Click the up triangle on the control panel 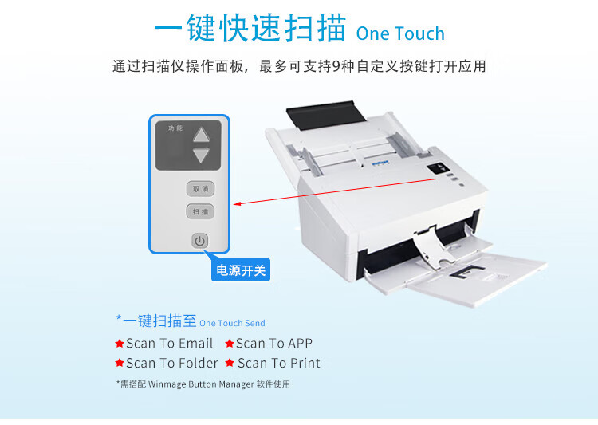point(201,135)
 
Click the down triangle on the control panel point(201,155)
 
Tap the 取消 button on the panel point(200,189)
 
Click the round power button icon point(199,241)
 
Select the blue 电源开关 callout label point(241,270)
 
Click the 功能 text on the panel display point(175,128)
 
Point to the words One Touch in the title point(400,33)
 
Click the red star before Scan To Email point(120,344)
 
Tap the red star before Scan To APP point(229,344)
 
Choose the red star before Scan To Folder point(120,363)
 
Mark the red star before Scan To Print point(229,363)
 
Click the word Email point(195,344)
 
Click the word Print point(305,363)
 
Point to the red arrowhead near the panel point(238,203)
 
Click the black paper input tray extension point(325,115)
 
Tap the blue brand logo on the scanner point(380,163)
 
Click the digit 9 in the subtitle point(336,66)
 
